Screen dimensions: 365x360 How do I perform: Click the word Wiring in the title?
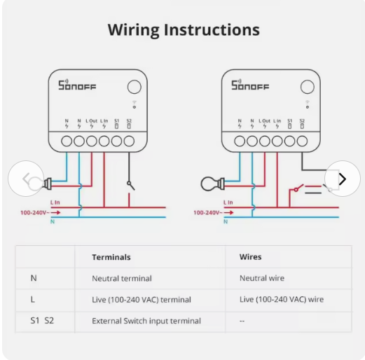coord(134,30)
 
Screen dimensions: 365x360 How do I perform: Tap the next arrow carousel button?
coord(343,179)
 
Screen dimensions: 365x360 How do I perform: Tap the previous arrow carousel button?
coord(26,179)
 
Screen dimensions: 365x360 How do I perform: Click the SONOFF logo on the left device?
coord(77,85)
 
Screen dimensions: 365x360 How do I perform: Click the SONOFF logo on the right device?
coord(250,85)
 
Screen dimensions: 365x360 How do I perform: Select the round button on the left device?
coord(135,87)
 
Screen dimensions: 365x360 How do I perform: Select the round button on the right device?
coord(308,87)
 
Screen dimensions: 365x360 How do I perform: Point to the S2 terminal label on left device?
coord(129,121)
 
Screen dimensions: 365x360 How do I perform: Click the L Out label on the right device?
coord(264,121)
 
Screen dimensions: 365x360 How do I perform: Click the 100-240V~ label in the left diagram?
coord(35,213)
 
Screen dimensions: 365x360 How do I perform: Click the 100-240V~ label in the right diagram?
coord(208,213)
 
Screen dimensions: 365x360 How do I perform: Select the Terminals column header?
coord(111,257)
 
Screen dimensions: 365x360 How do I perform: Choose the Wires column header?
coord(250,257)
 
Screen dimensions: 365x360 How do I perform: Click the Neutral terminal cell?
coord(122,278)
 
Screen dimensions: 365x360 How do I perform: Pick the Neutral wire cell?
coord(262,278)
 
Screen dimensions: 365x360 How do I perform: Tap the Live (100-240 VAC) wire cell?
coord(282,299)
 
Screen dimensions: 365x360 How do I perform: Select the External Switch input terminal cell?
coord(146,321)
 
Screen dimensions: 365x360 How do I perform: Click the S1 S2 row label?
coord(42,321)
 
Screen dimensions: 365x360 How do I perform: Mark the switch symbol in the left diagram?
coord(130,186)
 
